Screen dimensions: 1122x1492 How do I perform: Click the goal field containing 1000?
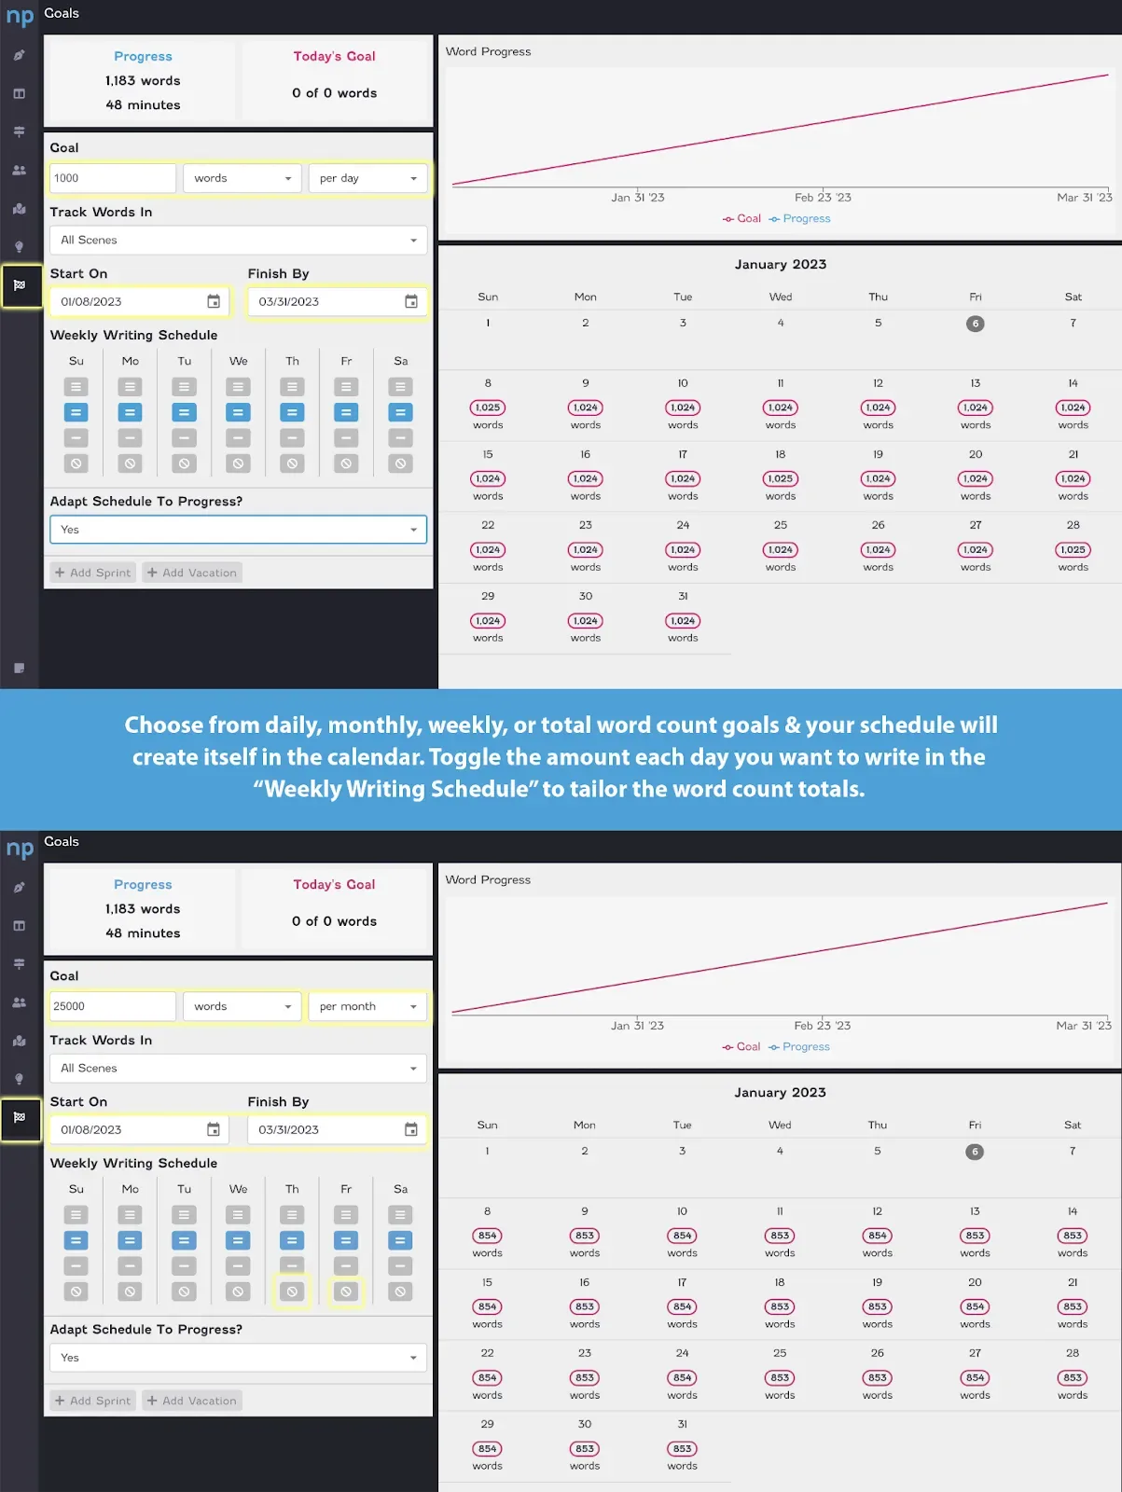click(113, 178)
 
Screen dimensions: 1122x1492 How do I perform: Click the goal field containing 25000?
click(113, 1006)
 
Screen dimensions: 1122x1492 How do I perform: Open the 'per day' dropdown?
click(367, 178)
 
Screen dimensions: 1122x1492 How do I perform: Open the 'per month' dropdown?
click(367, 1006)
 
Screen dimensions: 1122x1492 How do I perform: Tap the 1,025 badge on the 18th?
click(780, 478)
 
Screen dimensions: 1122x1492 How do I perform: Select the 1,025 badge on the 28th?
click(1074, 549)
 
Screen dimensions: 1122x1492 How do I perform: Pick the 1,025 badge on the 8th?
click(488, 408)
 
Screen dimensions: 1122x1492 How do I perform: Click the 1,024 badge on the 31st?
click(683, 621)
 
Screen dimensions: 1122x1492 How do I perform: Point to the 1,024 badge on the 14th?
click(1074, 408)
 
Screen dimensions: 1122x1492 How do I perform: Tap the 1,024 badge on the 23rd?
click(585, 549)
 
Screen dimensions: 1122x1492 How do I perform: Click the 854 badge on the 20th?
click(976, 1306)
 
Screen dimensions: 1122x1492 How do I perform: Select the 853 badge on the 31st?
click(683, 1448)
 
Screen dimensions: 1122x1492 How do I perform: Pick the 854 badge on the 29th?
click(487, 1448)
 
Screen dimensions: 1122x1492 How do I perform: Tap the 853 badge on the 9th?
click(585, 1235)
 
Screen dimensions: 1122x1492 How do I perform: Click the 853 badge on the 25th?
click(780, 1377)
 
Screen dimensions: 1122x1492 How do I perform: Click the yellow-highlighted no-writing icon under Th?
click(292, 1291)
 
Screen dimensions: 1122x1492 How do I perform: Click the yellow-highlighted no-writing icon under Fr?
click(346, 1291)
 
